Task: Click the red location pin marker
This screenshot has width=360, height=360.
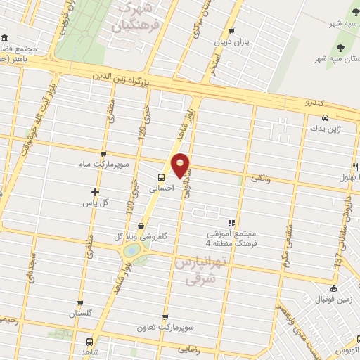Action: [181, 165]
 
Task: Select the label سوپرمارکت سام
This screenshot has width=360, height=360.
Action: [103, 165]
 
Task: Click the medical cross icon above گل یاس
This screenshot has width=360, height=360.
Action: [96, 191]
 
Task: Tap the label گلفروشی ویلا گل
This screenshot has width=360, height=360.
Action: [143, 237]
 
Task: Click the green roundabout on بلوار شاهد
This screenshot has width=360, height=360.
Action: [131, 250]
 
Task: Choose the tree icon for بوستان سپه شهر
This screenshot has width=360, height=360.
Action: [340, 49]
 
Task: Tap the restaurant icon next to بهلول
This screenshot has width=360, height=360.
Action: [356, 167]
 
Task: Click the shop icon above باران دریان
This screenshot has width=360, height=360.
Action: [232, 30]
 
